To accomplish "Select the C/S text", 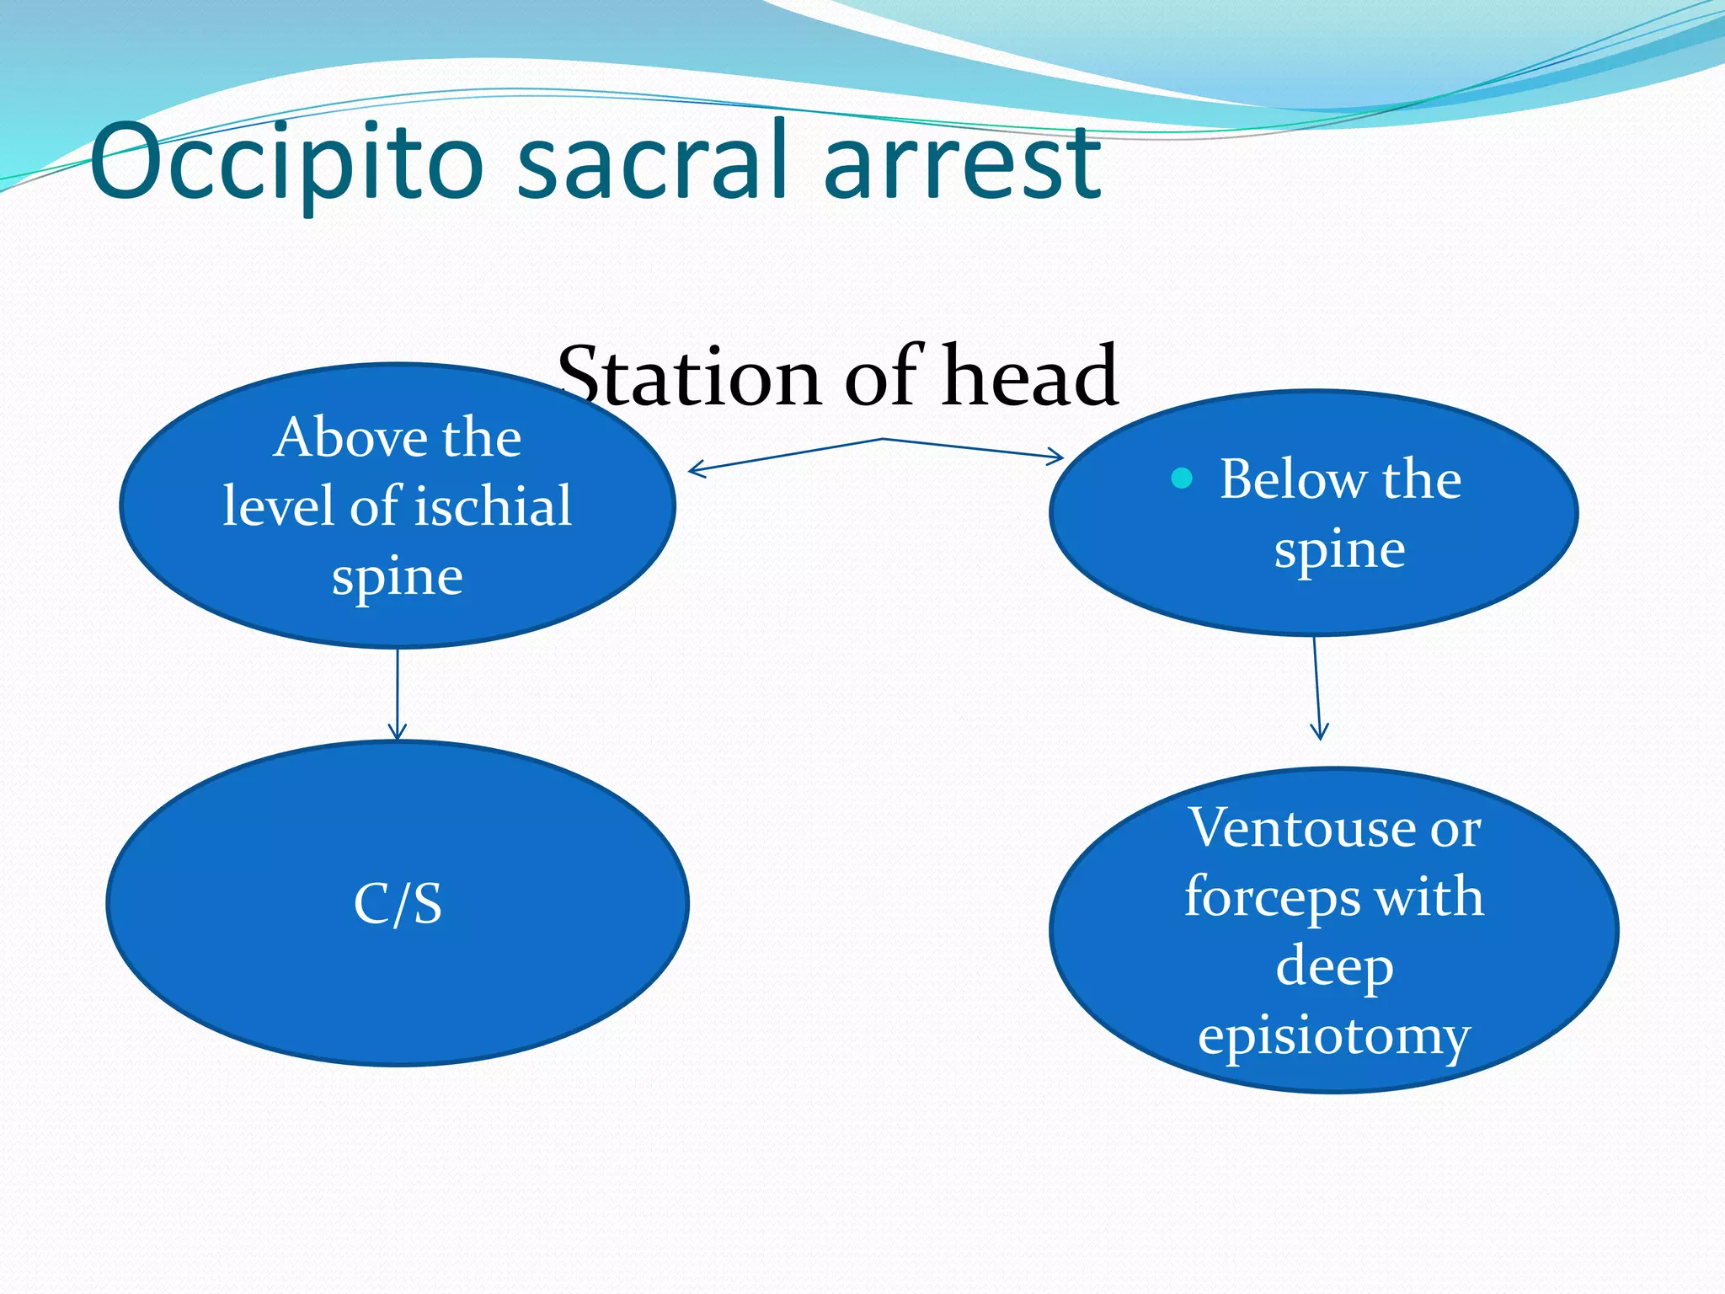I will click(398, 904).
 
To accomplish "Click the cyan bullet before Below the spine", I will click(1182, 479).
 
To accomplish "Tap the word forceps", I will click(1272, 896).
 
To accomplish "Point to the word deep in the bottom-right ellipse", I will click(1334, 965).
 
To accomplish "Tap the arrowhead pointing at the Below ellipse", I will click(1058, 458).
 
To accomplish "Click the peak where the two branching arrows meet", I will click(882, 439).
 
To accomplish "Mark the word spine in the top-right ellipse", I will click(1339, 550).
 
